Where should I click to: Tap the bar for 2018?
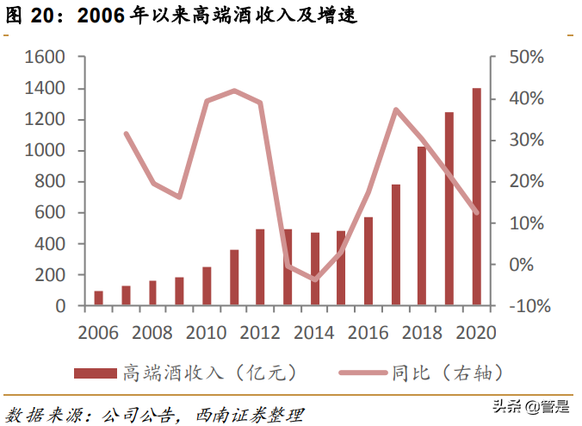coord(422,226)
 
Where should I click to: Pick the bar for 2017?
coord(395,245)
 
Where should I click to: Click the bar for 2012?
coord(260,267)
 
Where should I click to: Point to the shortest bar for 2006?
coord(98,298)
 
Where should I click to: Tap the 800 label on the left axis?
coord(50,182)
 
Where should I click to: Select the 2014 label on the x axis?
coord(313,333)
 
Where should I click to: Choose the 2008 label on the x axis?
coord(152,333)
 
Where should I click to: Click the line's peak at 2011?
coord(234,90)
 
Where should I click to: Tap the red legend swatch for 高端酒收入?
coord(95,373)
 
